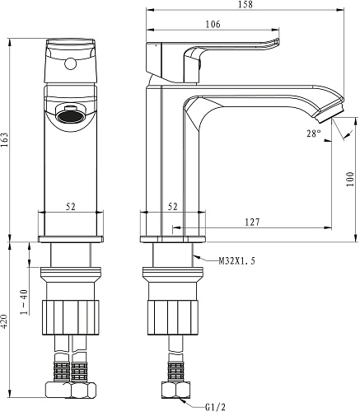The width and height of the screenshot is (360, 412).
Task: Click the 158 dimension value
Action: (245, 5)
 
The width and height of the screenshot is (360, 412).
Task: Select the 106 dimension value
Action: (213, 24)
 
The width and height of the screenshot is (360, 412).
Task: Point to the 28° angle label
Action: (314, 133)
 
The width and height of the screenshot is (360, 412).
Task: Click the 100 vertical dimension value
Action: (349, 180)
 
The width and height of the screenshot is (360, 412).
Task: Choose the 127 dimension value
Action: (252, 222)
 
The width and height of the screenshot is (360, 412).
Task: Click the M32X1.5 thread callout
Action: (237, 260)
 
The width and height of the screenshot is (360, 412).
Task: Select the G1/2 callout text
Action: (215, 407)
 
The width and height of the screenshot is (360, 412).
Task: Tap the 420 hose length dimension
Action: (5, 321)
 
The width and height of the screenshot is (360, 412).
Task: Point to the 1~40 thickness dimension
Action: (25, 302)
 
